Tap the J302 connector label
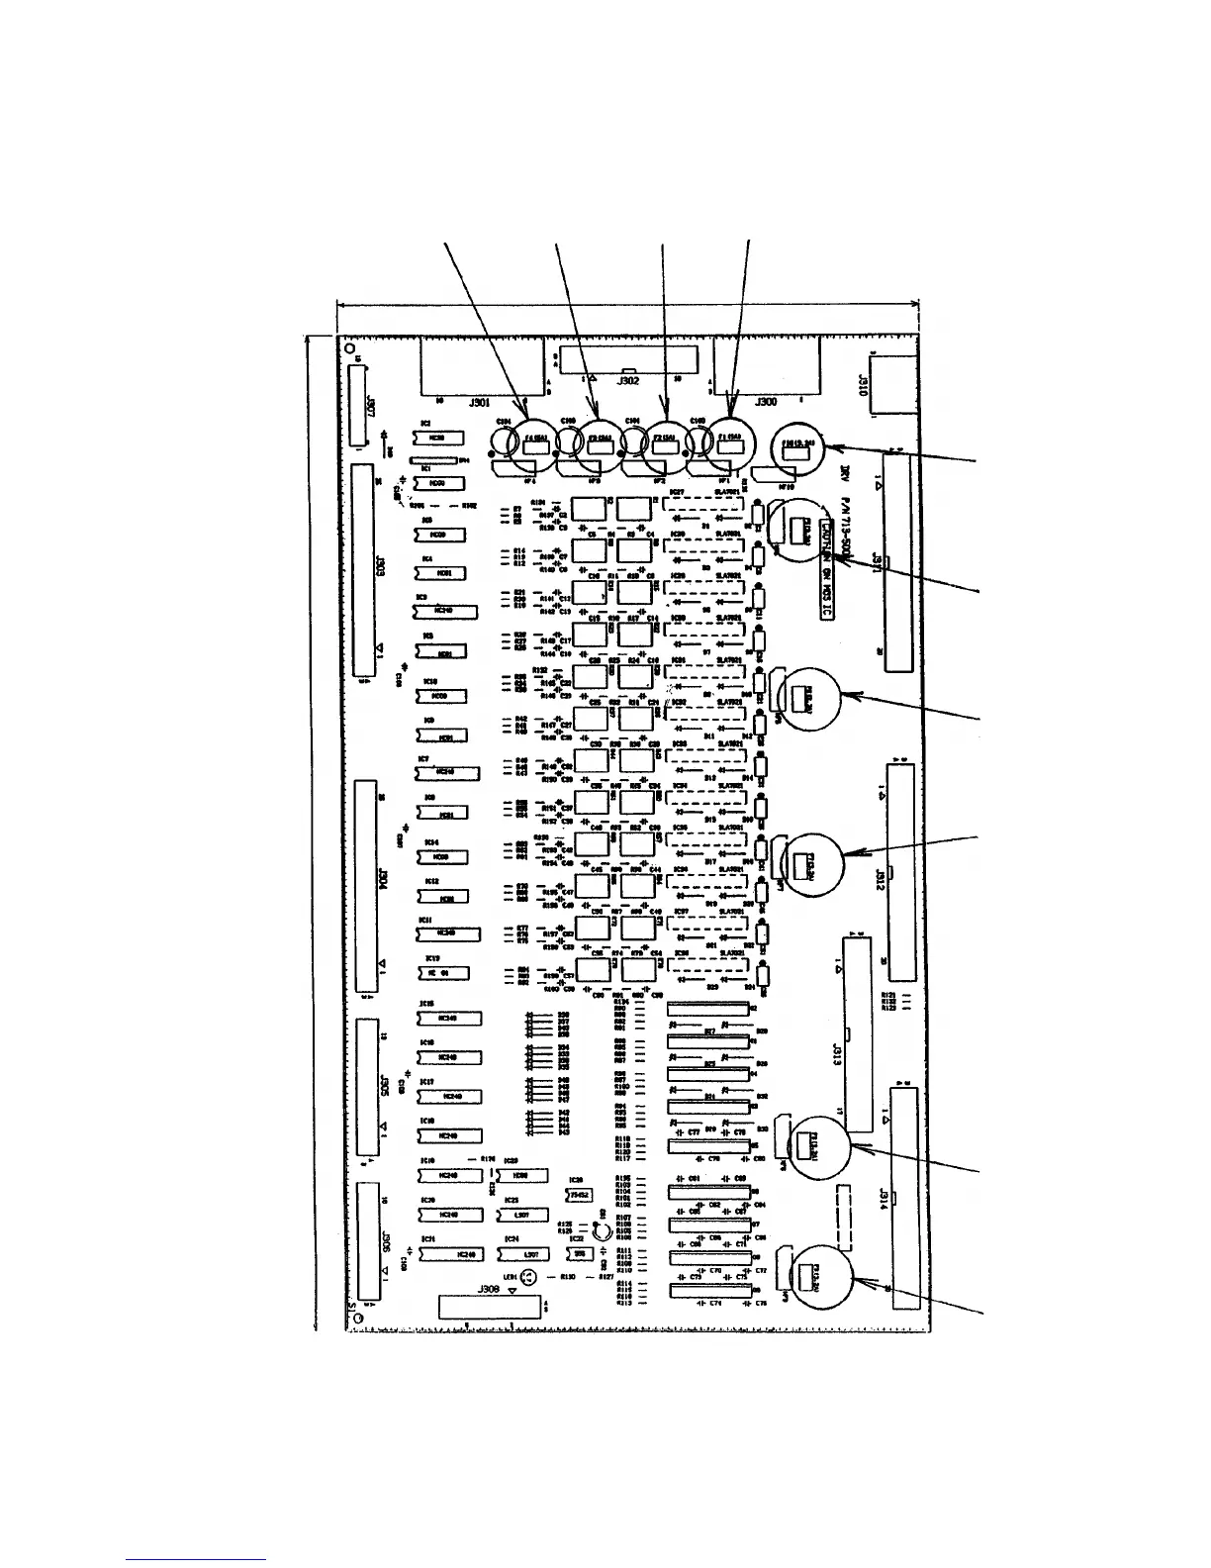(x=628, y=379)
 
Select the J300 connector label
(x=766, y=403)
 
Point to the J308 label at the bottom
(x=489, y=1290)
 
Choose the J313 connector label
(x=837, y=1051)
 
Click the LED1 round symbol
(x=530, y=1278)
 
